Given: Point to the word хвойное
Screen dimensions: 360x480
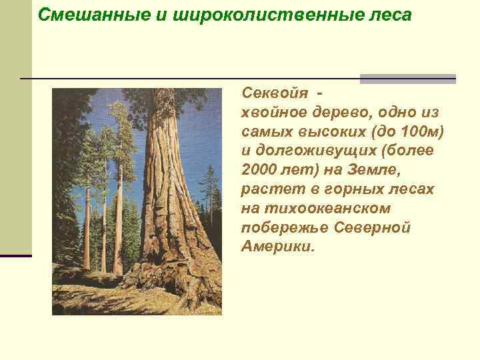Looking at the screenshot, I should [x=273, y=113].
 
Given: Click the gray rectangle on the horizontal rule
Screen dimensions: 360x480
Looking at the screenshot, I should [x=407, y=79].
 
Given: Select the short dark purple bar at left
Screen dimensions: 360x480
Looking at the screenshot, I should [x=15, y=255].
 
